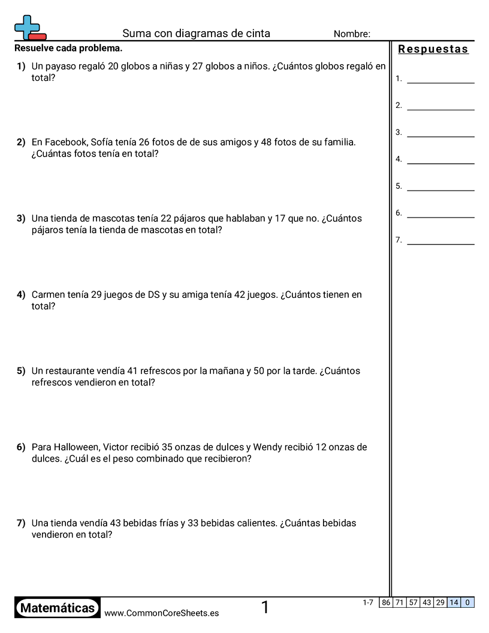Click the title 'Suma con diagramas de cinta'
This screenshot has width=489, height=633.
(196, 34)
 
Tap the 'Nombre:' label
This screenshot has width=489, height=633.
(352, 34)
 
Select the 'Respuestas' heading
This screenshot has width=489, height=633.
(433, 49)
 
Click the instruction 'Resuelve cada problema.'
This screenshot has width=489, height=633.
(68, 48)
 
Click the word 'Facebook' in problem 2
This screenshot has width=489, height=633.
(67, 143)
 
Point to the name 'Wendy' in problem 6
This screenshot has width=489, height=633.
(266, 447)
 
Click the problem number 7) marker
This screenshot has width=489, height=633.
(21, 523)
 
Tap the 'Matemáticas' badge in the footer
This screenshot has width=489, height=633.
(58, 608)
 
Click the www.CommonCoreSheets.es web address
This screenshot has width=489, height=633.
(161, 613)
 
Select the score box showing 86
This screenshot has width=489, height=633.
(386, 602)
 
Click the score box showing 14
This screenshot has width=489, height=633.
(454, 602)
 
